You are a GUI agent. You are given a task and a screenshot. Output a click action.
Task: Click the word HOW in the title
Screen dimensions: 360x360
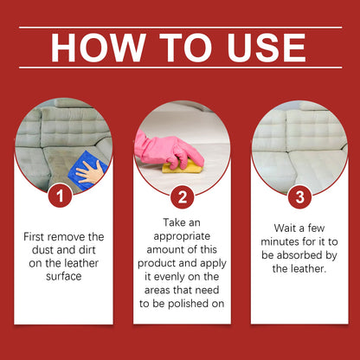click(98, 48)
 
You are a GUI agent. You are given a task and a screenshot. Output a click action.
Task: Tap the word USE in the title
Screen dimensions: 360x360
click(267, 48)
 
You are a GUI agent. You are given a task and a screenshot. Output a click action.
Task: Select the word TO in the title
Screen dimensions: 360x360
click(185, 48)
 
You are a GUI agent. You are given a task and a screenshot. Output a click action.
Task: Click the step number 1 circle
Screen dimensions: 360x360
click(60, 196)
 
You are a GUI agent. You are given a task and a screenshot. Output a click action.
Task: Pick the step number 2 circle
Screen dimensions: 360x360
click(183, 197)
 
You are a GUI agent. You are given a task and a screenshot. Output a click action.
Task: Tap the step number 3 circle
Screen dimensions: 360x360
click(300, 197)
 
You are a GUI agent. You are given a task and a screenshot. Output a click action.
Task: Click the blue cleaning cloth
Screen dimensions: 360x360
click(87, 170)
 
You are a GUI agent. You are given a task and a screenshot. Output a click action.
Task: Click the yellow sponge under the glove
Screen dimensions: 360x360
click(183, 167)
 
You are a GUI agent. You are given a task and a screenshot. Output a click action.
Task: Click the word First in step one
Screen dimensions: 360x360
click(35, 237)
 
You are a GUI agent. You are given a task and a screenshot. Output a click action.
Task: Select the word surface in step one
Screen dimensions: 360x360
click(64, 276)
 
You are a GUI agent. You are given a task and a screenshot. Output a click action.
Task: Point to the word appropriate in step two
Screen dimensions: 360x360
click(182, 237)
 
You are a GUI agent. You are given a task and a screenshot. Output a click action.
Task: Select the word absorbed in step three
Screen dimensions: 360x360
click(301, 255)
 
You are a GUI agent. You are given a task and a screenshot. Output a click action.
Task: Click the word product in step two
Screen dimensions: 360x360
click(157, 264)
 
